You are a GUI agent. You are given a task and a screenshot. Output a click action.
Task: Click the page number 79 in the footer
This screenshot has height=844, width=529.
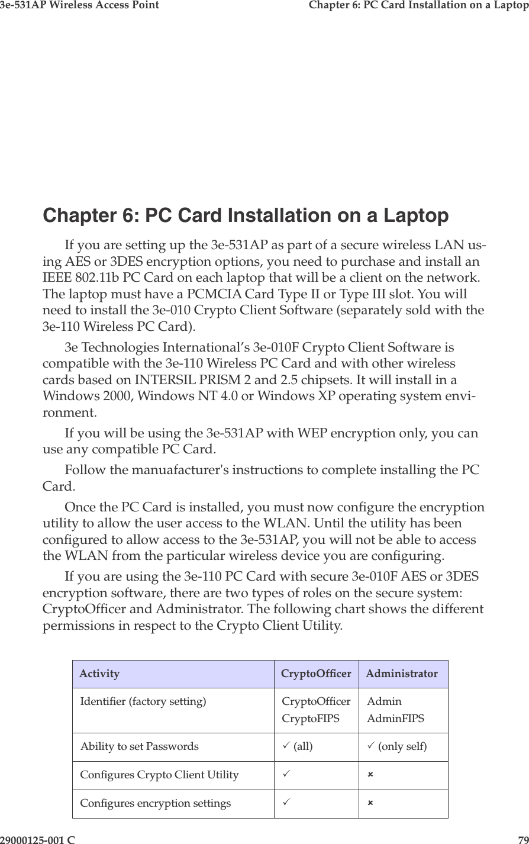point(522,839)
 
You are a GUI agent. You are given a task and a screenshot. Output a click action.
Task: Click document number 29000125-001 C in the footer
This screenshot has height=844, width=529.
point(37,839)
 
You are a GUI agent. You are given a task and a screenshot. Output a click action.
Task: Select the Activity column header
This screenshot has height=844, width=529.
point(99,674)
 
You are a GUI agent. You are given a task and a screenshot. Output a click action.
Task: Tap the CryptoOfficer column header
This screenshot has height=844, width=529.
point(316,674)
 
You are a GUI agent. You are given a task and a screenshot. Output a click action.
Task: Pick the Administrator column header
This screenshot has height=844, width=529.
point(402,674)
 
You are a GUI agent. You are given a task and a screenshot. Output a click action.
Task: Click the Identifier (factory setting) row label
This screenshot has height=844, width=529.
point(143,702)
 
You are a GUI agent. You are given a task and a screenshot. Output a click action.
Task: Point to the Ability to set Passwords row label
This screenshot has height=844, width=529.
point(140,746)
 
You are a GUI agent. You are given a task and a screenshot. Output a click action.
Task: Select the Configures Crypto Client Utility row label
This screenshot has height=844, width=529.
point(160,775)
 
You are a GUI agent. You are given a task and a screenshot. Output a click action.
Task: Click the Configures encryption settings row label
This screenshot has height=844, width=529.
point(156,803)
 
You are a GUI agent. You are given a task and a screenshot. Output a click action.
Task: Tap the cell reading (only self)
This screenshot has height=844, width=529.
point(402,746)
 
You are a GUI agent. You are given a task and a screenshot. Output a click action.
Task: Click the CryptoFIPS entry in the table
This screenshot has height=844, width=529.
point(311,719)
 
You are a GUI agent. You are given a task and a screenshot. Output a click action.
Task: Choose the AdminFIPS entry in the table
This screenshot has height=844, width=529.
point(395,719)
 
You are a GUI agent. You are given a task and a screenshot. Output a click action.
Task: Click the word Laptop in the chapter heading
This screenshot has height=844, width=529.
point(417,215)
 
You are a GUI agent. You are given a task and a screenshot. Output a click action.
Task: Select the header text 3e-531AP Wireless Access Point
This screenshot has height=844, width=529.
point(79,5)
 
